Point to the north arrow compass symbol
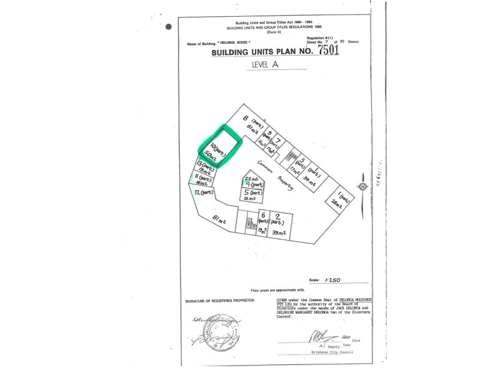point(362,186)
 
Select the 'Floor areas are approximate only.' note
point(277,291)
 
